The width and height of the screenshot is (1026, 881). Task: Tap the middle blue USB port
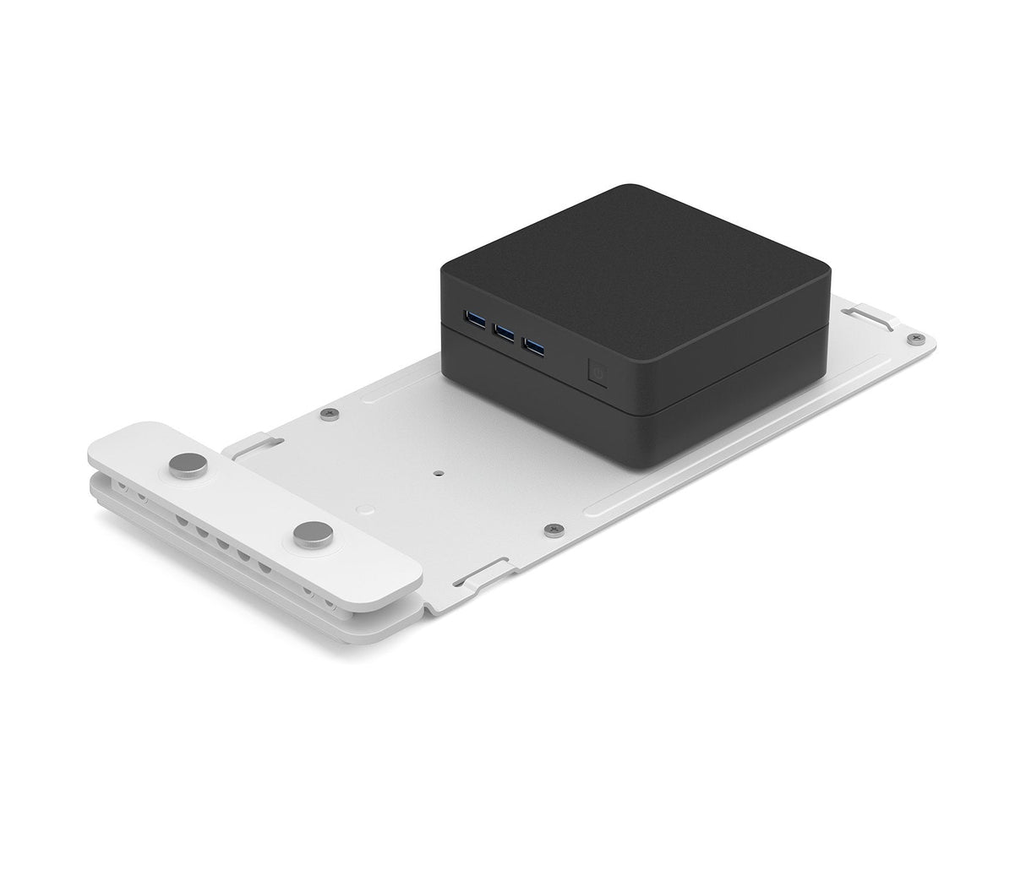pos(505,332)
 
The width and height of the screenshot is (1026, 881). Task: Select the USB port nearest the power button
pos(533,345)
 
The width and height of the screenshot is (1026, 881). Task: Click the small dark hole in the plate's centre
pos(438,473)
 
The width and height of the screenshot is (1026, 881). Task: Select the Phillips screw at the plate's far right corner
pos(914,338)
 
